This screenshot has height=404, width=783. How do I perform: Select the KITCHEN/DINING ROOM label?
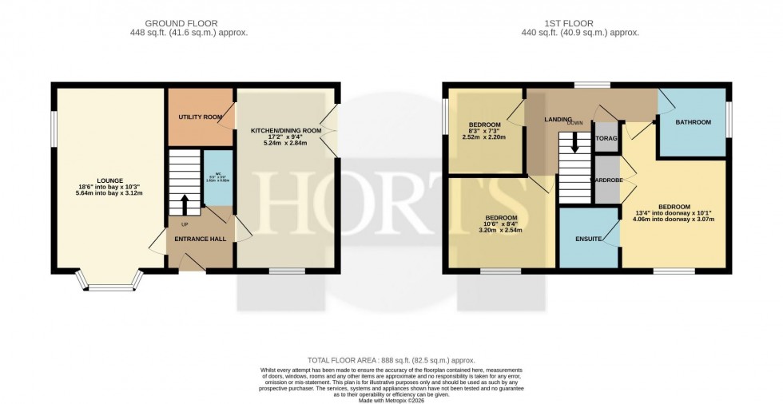coord(285,130)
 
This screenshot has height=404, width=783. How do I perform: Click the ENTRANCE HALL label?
coord(199,239)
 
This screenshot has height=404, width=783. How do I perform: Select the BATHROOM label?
coord(693,122)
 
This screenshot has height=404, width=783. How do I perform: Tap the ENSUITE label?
coord(589,239)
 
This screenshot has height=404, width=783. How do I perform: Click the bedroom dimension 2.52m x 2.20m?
coord(485,137)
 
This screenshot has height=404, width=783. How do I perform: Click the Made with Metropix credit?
coord(391,398)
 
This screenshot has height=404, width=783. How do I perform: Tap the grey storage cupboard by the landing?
coord(606,137)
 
